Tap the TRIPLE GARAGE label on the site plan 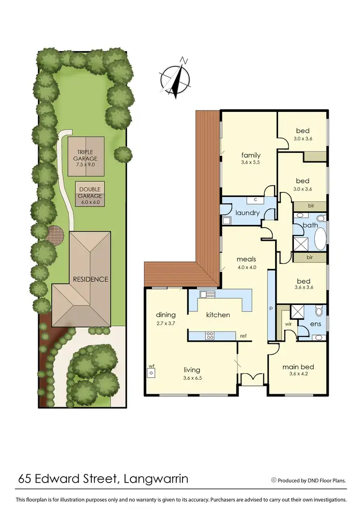pos(85,155)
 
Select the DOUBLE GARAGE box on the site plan pos(90,193)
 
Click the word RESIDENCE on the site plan pos(90,279)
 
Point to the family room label pos(251,155)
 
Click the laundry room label pos(248,212)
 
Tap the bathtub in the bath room pos(320,238)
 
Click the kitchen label pos(218,315)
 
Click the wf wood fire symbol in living pos(151,372)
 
